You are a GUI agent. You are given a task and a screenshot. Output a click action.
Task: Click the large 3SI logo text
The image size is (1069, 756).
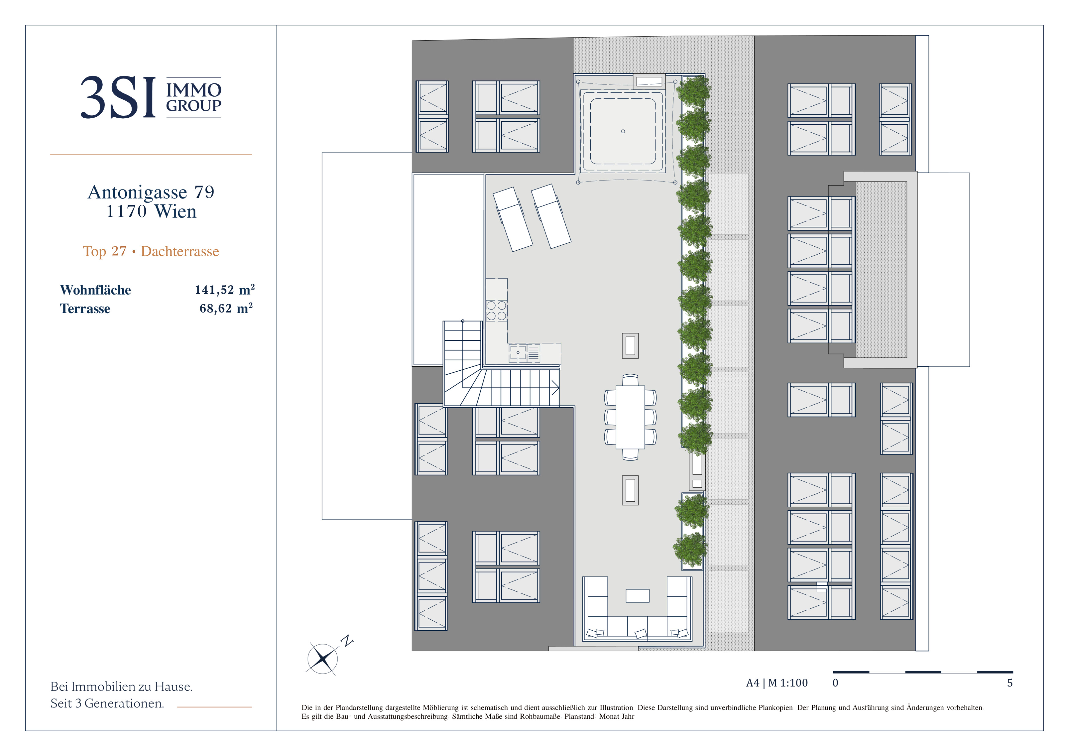pos(118,97)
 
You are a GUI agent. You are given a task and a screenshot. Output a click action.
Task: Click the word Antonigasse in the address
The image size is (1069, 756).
pos(137,192)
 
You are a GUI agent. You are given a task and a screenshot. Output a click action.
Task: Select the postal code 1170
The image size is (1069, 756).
pos(126,211)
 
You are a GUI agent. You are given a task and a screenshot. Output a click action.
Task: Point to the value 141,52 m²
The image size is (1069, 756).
pos(225,290)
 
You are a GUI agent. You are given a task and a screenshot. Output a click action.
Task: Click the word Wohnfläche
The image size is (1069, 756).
pos(95,290)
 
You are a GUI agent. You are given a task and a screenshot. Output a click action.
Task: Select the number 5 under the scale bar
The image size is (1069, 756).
pos(1010,683)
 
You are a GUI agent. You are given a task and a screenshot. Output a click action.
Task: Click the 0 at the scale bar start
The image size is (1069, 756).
pos(835,683)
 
